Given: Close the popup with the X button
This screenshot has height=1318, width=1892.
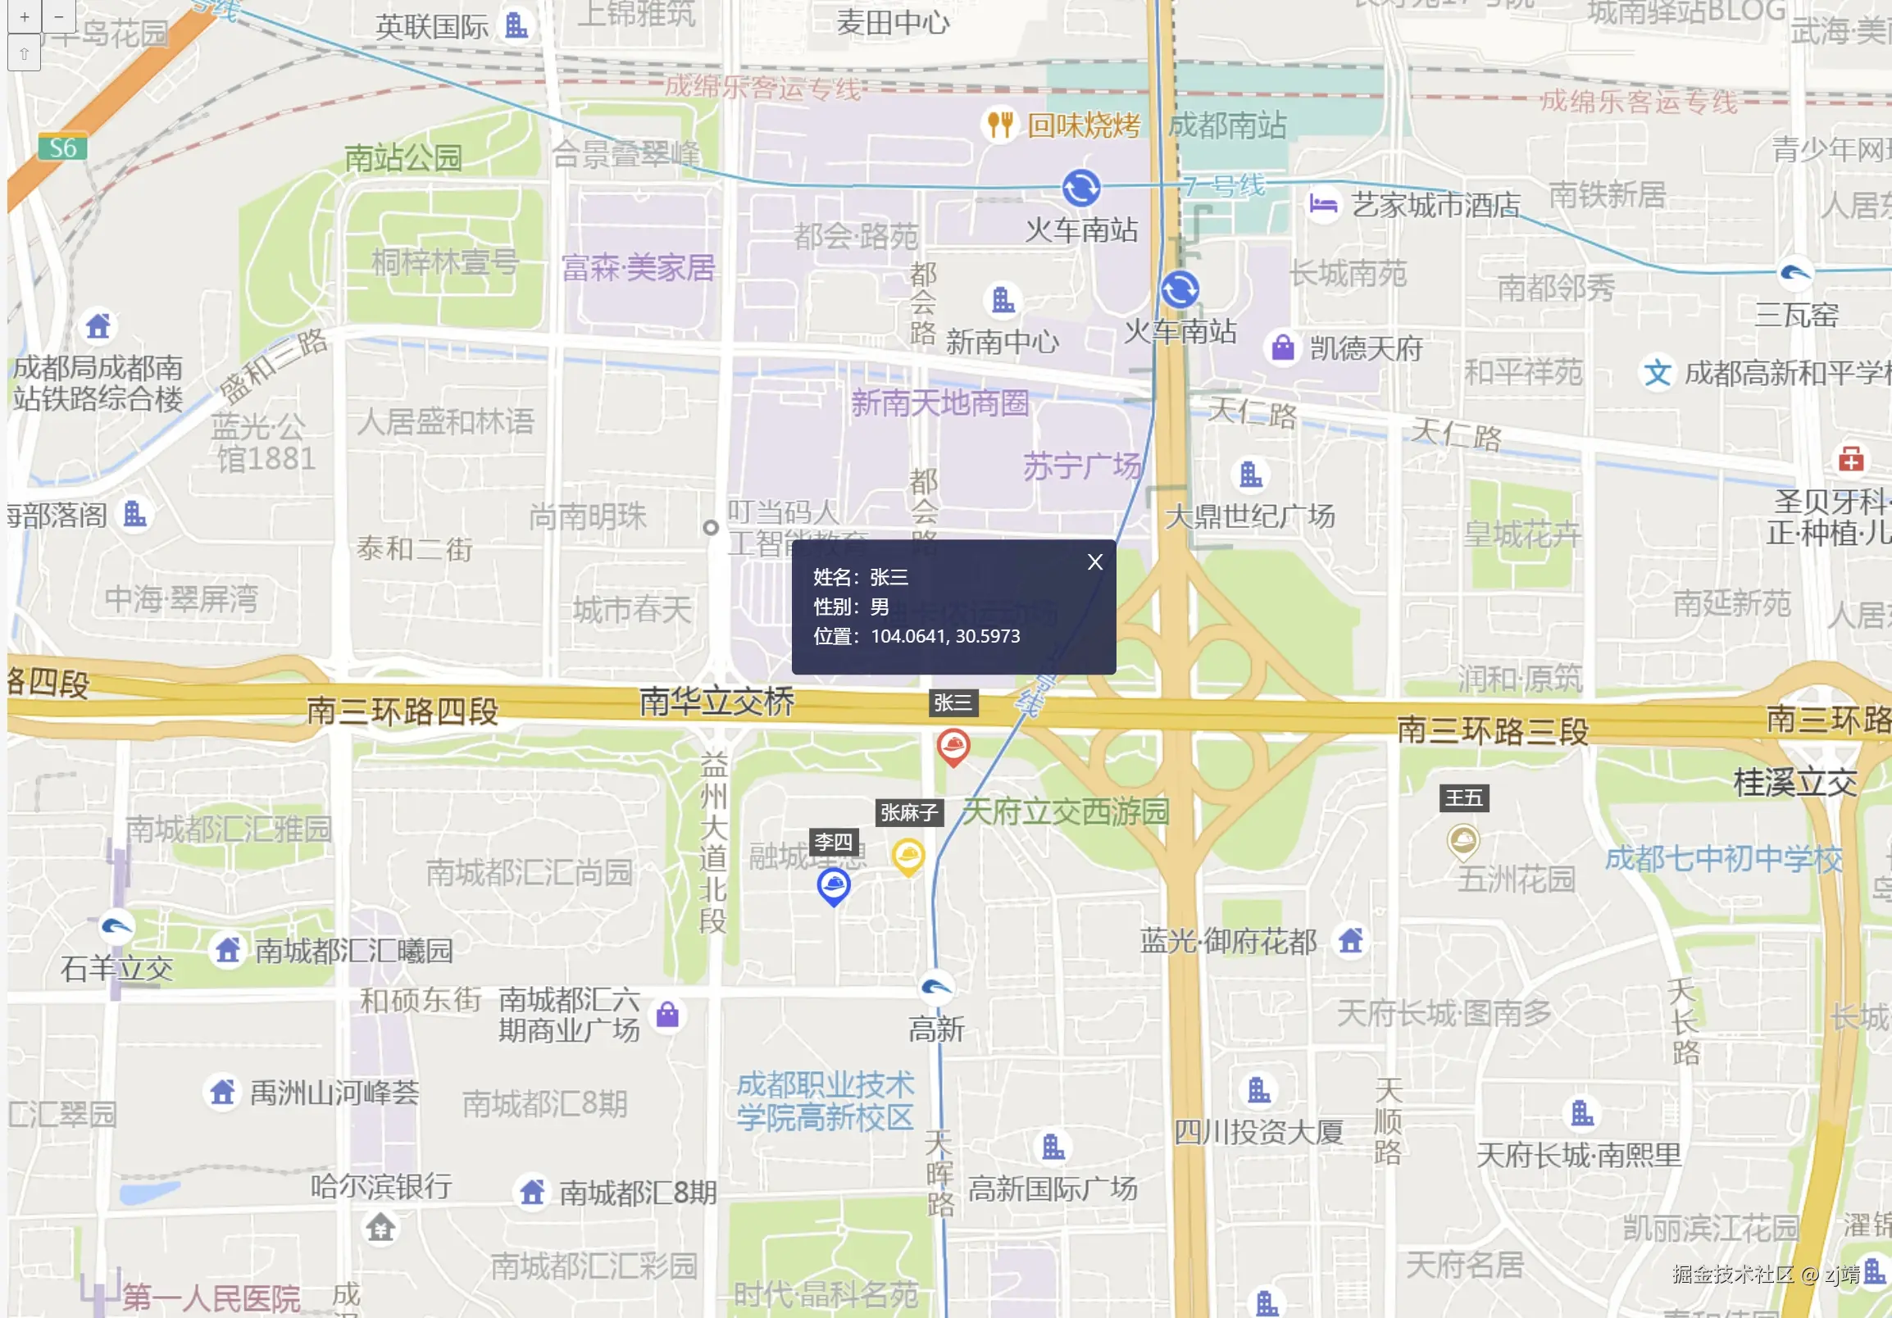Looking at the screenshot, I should (x=1094, y=561).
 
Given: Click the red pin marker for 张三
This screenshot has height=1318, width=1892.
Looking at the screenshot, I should (x=953, y=747).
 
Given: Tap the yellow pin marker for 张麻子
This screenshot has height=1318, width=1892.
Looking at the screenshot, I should (x=908, y=856).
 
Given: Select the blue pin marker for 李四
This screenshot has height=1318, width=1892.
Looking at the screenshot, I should (x=833, y=885).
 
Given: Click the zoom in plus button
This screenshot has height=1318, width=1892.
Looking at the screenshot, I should (x=25, y=16).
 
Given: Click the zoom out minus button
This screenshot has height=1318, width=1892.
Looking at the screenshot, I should (x=58, y=16).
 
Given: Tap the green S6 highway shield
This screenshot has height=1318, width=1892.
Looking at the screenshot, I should (x=62, y=148).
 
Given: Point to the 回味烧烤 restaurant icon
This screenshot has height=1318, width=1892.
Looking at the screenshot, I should (x=999, y=125).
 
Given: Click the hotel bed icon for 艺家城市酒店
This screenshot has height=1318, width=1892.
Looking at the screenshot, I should (x=1322, y=203).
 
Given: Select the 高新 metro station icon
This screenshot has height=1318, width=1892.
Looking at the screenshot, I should (x=936, y=987).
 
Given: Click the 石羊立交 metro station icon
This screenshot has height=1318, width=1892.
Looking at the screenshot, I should (x=116, y=928).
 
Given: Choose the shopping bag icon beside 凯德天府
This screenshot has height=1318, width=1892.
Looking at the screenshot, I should (x=1282, y=348).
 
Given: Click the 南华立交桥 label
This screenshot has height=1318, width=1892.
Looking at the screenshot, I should (x=717, y=702).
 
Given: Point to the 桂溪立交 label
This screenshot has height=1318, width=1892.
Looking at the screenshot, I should (x=1795, y=783).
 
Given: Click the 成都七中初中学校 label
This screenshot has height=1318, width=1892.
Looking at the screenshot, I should (x=1723, y=859).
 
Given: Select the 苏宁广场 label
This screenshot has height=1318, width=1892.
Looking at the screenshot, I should (x=1082, y=467).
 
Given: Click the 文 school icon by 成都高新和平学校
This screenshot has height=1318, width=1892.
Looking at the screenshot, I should (x=1658, y=373).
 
